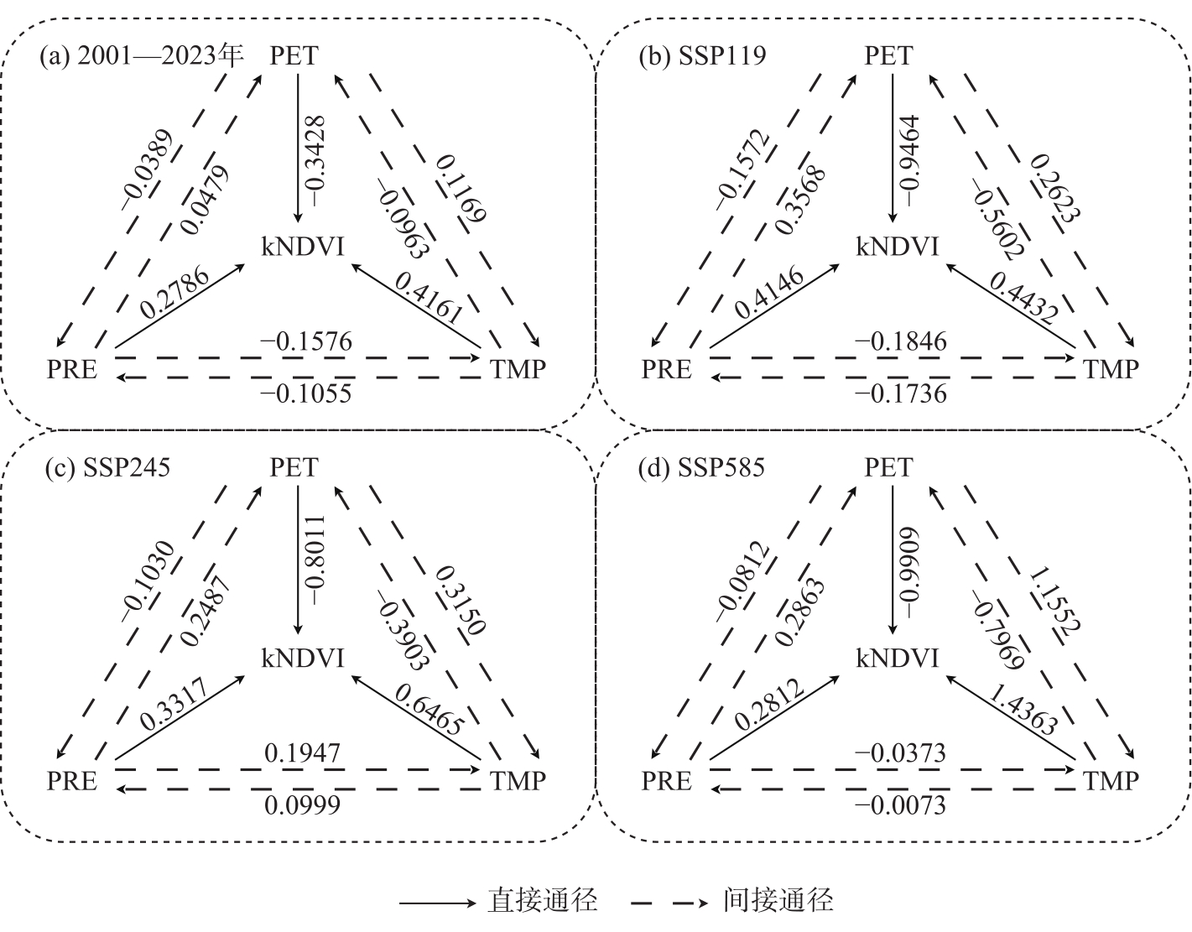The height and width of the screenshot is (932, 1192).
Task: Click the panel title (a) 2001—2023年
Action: coord(141,55)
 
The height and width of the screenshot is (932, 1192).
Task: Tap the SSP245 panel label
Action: coord(107,467)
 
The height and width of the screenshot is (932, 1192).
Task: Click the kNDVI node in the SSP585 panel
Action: coord(897,659)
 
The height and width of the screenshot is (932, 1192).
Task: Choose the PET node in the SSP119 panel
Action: coord(889,55)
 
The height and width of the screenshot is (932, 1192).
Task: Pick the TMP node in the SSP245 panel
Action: coord(518,781)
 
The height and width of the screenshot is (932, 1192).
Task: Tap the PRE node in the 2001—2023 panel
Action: coord(72,369)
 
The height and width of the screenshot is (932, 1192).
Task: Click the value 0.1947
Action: coord(303,753)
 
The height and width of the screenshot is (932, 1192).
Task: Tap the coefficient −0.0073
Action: coord(900,805)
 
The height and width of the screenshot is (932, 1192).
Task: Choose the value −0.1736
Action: coord(900,393)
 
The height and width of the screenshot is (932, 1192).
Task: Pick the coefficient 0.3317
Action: coord(175,707)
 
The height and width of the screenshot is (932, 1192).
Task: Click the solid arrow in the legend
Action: coord(436,903)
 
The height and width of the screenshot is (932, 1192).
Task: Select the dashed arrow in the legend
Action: coord(671,903)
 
